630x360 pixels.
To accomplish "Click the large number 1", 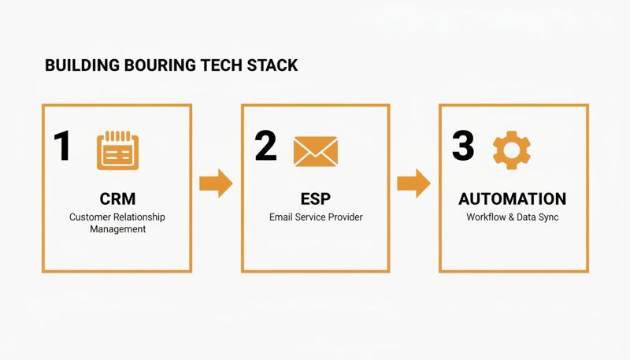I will click(x=61, y=147).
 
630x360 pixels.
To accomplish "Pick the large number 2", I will click(x=265, y=147).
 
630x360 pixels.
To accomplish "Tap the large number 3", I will click(x=463, y=147).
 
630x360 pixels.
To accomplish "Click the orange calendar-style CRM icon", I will click(x=117, y=151).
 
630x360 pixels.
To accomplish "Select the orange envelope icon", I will click(x=315, y=150).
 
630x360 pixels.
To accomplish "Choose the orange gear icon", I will click(x=511, y=150).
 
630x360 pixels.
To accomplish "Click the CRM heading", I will click(x=117, y=199).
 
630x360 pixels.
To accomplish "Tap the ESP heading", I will click(x=315, y=199).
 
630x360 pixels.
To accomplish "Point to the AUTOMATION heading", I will click(x=512, y=199).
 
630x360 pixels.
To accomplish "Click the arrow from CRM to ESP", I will click(x=215, y=184).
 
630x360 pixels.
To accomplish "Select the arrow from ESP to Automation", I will click(x=413, y=184).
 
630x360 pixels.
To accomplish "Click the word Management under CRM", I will click(x=117, y=229).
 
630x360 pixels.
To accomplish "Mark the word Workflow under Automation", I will click(x=487, y=217).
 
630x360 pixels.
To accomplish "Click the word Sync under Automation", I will click(x=547, y=217).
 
